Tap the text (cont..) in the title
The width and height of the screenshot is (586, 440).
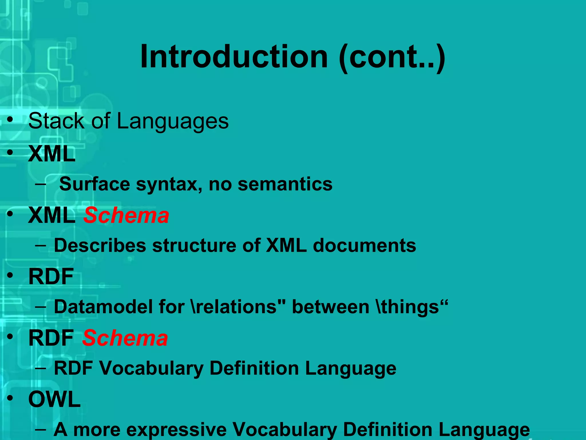(x=392, y=57)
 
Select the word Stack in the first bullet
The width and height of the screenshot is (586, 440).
(x=56, y=121)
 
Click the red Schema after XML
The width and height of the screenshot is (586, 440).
(x=126, y=215)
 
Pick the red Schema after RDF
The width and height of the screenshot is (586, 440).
(x=125, y=338)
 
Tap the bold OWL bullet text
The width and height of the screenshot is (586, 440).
(x=54, y=399)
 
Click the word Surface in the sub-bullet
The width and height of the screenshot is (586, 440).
(x=94, y=184)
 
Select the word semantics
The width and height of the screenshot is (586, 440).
(x=285, y=184)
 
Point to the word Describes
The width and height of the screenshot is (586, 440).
(x=100, y=245)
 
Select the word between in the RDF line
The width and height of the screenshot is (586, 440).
(x=330, y=307)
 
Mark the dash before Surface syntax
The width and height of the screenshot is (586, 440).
(x=40, y=184)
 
